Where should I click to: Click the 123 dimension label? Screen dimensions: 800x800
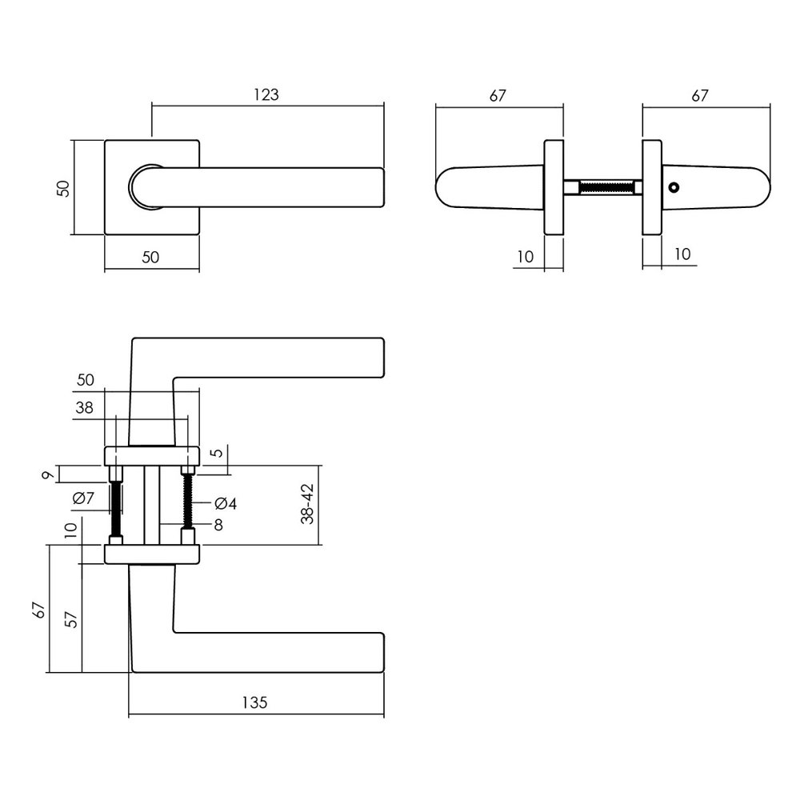point(266,94)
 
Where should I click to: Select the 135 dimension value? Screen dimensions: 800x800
point(254,703)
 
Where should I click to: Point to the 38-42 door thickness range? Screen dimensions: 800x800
point(306,505)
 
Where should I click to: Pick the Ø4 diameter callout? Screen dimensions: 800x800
point(226,504)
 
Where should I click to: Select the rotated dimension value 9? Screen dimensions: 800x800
point(48,476)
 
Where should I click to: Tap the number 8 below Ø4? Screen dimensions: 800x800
point(217,525)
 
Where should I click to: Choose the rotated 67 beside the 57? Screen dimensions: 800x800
point(39,610)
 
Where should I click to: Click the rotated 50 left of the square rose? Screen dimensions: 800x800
point(64,189)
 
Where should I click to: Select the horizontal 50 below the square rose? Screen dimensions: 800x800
point(151,258)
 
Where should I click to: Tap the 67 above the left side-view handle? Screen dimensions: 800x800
point(498,95)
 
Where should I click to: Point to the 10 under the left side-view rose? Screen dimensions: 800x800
point(526,256)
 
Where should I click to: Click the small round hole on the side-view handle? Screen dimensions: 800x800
point(674,188)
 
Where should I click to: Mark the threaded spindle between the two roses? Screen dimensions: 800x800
point(604,188)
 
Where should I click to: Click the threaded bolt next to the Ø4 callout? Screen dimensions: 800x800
point(189,502)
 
